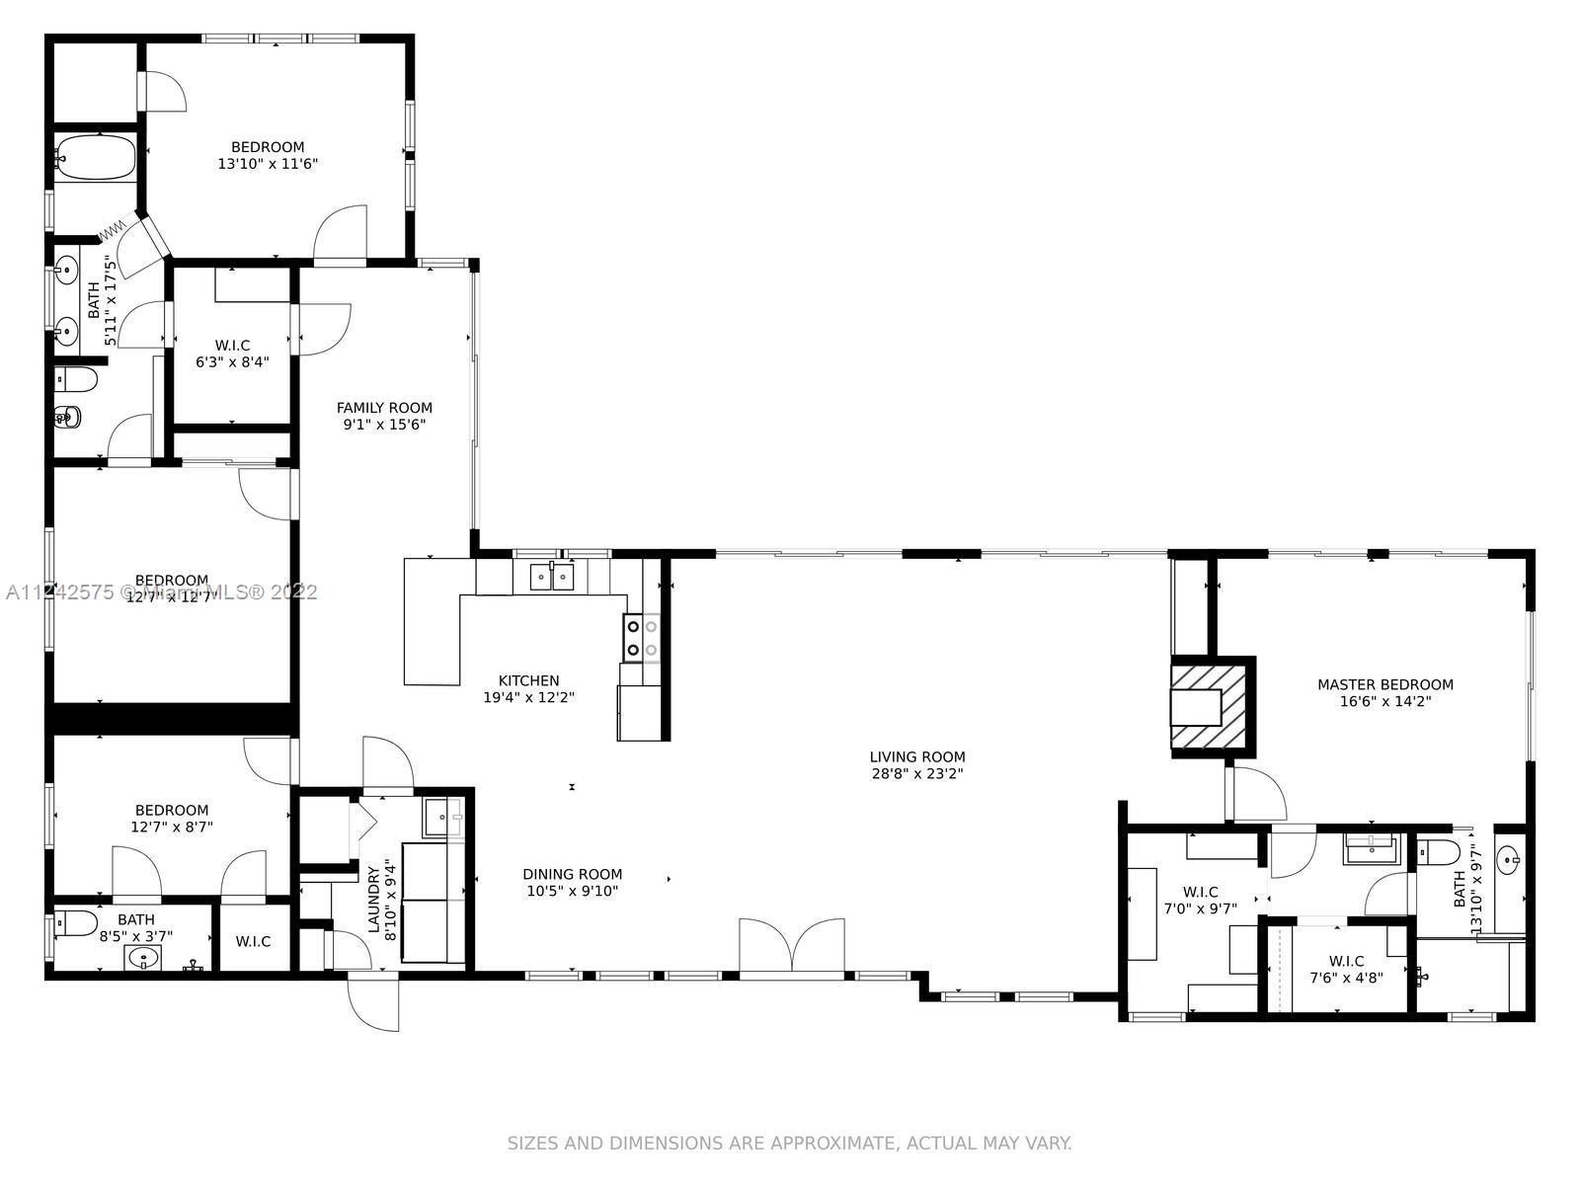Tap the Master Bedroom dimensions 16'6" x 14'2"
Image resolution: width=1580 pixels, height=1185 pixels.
(x=1384, y=702)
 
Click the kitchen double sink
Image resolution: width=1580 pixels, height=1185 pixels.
(x=551, y=576)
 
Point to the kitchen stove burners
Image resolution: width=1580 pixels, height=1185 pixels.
(x=640, y=637)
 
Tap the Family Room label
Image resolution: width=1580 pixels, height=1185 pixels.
(x=384, y=408)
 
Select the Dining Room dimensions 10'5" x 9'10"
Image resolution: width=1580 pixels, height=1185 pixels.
(x=572, y=892)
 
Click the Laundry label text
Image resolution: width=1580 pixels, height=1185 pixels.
(x=374, y=899)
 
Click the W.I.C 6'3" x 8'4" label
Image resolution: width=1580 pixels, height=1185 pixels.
(x=232, y=346)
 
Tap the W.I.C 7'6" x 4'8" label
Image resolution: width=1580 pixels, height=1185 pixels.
(x=1346, y=961)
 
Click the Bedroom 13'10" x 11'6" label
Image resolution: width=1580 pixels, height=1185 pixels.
(x=268, y=147)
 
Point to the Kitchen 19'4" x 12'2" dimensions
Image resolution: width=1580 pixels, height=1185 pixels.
(x=528, y=697)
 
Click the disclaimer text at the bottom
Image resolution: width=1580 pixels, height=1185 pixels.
(x=789, y=1144)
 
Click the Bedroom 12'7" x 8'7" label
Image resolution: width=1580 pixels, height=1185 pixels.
(x=172, y=810)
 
